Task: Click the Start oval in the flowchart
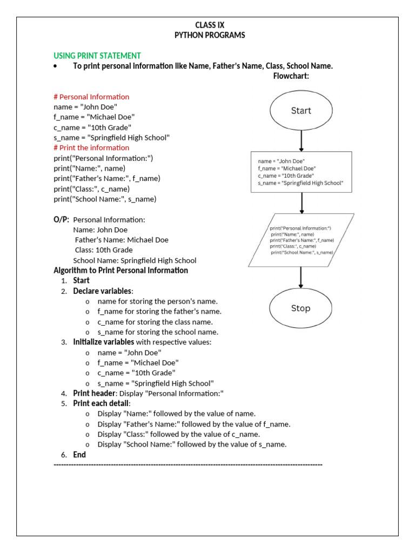301,111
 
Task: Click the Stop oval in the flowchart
300,308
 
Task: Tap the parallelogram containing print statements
302,240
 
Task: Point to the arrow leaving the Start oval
302,140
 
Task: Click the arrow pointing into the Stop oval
301,278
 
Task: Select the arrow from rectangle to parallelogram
302,203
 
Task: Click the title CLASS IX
209,25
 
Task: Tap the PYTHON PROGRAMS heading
209,35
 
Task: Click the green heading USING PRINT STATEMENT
97,56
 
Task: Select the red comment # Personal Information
91,97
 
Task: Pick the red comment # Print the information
91,147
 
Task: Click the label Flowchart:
291,76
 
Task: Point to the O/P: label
62,219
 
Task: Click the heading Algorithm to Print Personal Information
121,270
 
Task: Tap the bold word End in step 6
79,455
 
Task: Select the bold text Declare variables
102,291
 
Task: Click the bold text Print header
94,393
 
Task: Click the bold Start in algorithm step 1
82,281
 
